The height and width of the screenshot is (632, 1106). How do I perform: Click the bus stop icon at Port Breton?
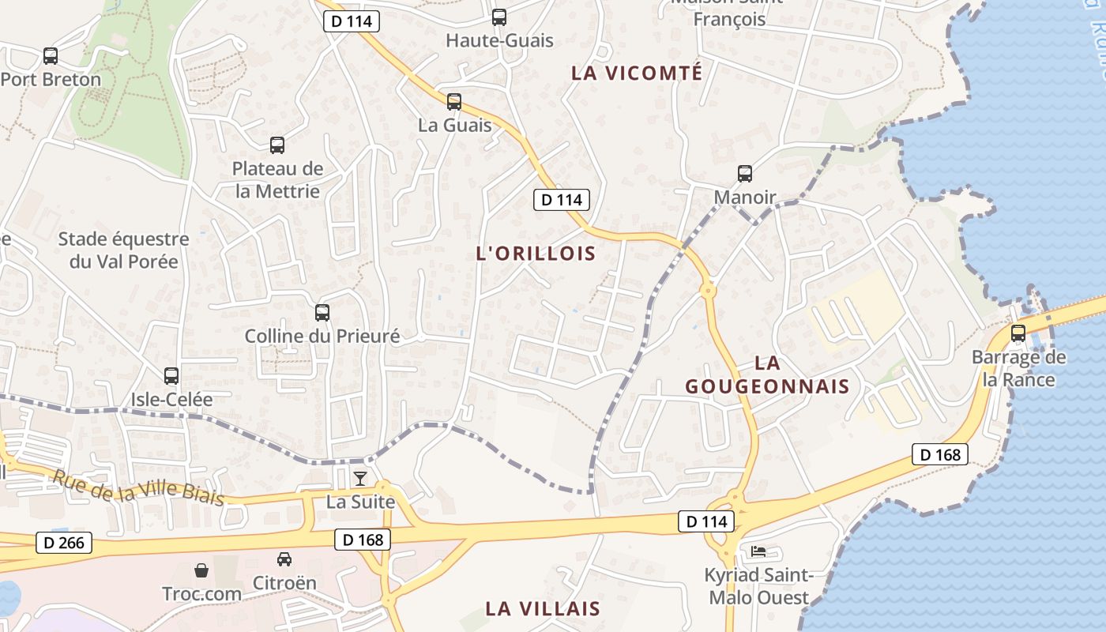[x=51, y=56]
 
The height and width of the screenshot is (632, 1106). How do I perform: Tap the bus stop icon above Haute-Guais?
[x=499, y=17]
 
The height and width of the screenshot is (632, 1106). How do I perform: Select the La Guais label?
[x=454, y=125]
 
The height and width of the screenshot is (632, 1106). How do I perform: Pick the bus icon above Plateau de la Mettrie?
[x=277, y=145]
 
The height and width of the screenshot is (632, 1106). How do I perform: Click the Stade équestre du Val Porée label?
[x=123, y=250]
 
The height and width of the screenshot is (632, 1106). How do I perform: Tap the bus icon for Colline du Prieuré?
[x=322, y=312]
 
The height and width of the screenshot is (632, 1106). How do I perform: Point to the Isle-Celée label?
[x=171, y=399]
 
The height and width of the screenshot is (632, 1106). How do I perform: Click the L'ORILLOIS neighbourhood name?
[x=536, y=253]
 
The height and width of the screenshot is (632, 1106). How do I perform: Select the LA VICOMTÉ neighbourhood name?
[x=648, y=73]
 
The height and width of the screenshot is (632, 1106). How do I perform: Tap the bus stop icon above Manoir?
[x=745, y=174]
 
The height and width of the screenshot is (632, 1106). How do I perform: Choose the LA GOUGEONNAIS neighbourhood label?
[x=767, y=374]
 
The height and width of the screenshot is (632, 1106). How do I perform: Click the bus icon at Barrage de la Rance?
[x=1018, y=333]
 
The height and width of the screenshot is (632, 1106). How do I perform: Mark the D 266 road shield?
[x=64, y=543]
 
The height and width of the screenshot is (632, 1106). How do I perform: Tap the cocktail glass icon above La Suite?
[x=360, y=478]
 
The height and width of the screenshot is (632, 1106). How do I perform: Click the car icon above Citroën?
[x=284, y=559]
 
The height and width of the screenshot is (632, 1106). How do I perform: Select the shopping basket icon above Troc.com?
[x=201, y=570]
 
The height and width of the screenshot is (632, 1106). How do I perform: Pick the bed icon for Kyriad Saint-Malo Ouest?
[x=758, y=551]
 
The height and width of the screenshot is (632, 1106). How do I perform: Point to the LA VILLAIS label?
[x=543, y=608]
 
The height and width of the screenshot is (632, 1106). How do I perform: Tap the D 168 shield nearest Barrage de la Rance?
[x=940, y=454]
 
